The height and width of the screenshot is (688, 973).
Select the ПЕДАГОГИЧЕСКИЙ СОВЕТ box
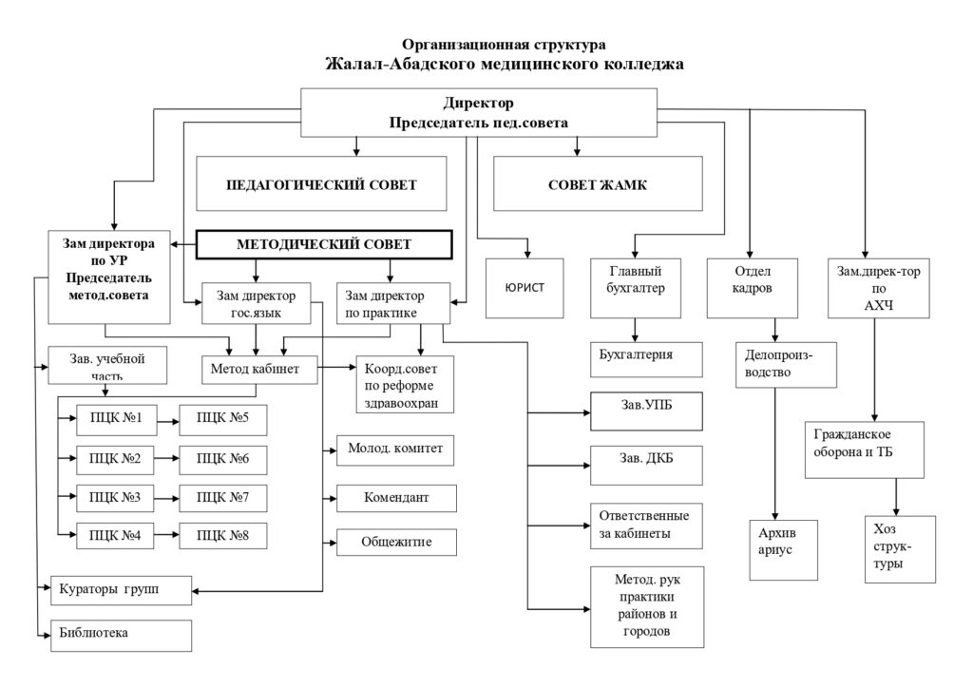321,184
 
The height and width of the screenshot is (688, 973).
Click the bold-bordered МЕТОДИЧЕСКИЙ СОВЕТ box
322,244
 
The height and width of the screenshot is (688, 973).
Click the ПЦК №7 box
224,497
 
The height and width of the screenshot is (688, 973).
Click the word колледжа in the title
631,64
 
